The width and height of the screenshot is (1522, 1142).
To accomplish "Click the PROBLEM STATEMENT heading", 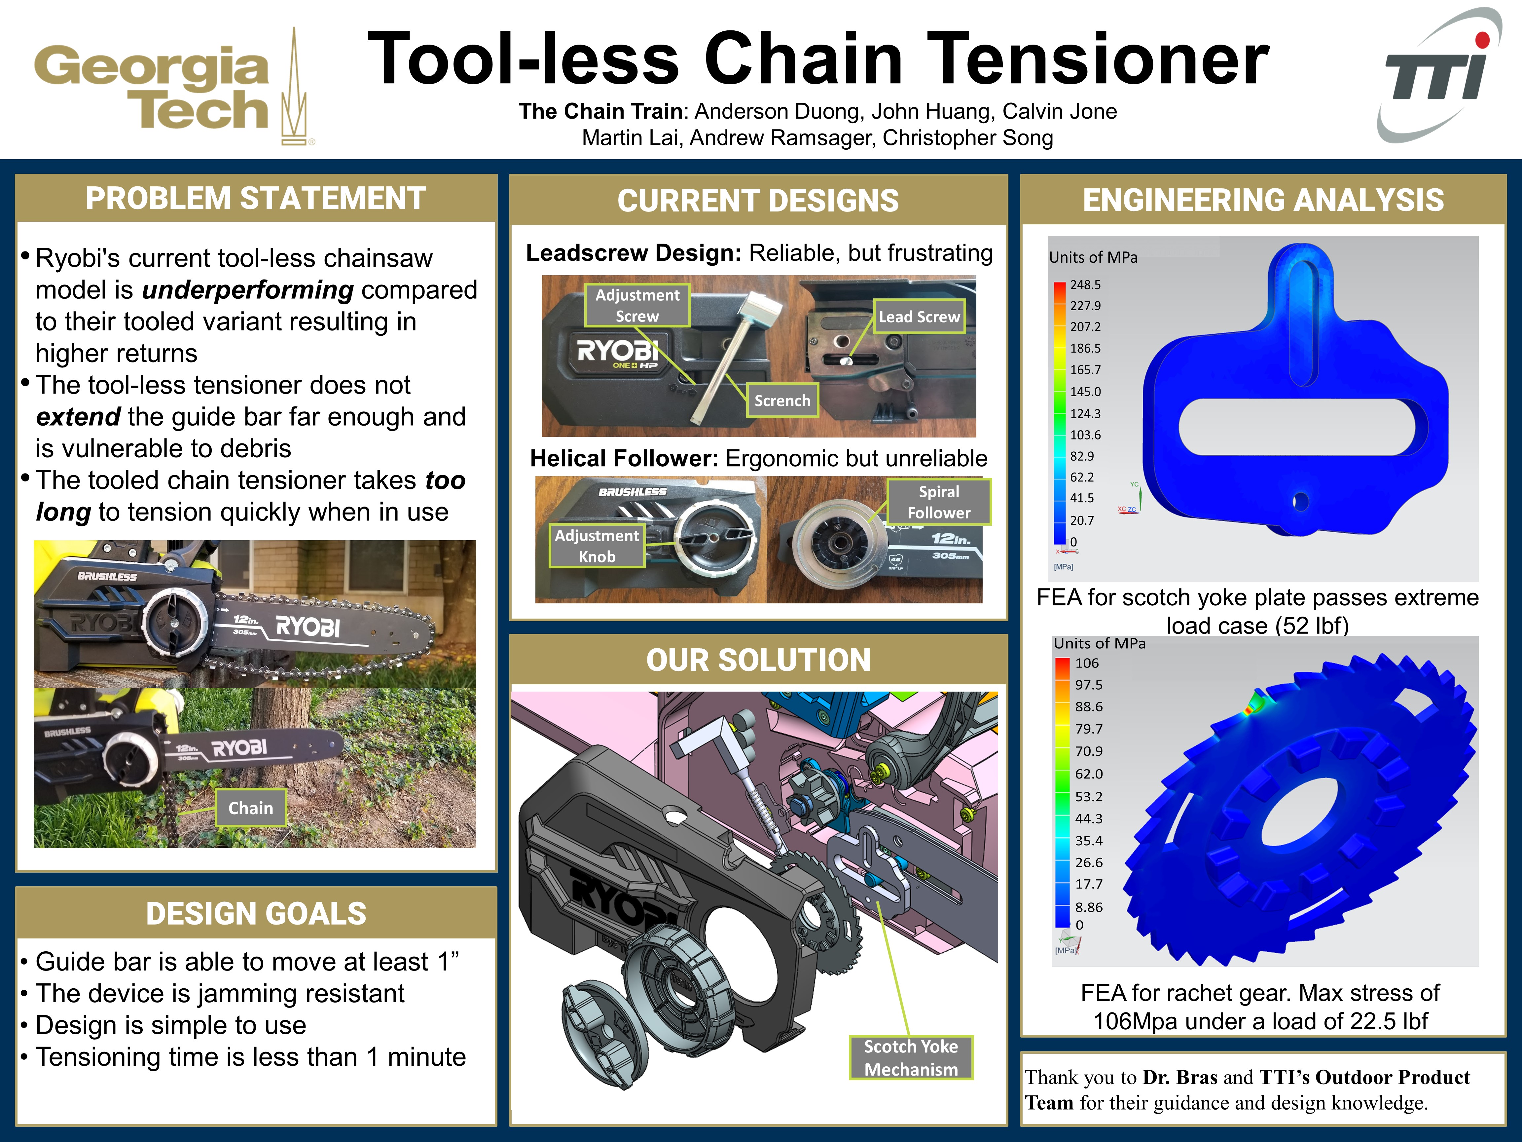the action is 256,198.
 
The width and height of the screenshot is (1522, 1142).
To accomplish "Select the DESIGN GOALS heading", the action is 256,913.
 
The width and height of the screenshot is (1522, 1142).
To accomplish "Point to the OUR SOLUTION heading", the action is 758,660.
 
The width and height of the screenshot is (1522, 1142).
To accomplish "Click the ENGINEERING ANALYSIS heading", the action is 1263,200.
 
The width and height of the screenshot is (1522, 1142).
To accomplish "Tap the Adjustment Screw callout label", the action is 637,305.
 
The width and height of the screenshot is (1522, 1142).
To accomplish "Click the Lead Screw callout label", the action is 919,317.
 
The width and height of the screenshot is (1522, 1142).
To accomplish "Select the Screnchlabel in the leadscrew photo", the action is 782,400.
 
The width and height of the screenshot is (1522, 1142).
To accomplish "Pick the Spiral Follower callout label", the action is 939,502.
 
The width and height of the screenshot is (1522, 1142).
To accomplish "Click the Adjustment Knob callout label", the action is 597,546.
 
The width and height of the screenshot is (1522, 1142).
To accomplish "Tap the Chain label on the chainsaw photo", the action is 250,808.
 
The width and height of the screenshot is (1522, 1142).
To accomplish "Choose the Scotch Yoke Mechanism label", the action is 911,1057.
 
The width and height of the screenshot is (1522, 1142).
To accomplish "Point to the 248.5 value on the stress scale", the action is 1085,284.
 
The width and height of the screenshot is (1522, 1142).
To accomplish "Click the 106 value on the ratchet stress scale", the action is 1087,663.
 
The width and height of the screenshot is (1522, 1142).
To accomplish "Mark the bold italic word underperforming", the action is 248,290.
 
